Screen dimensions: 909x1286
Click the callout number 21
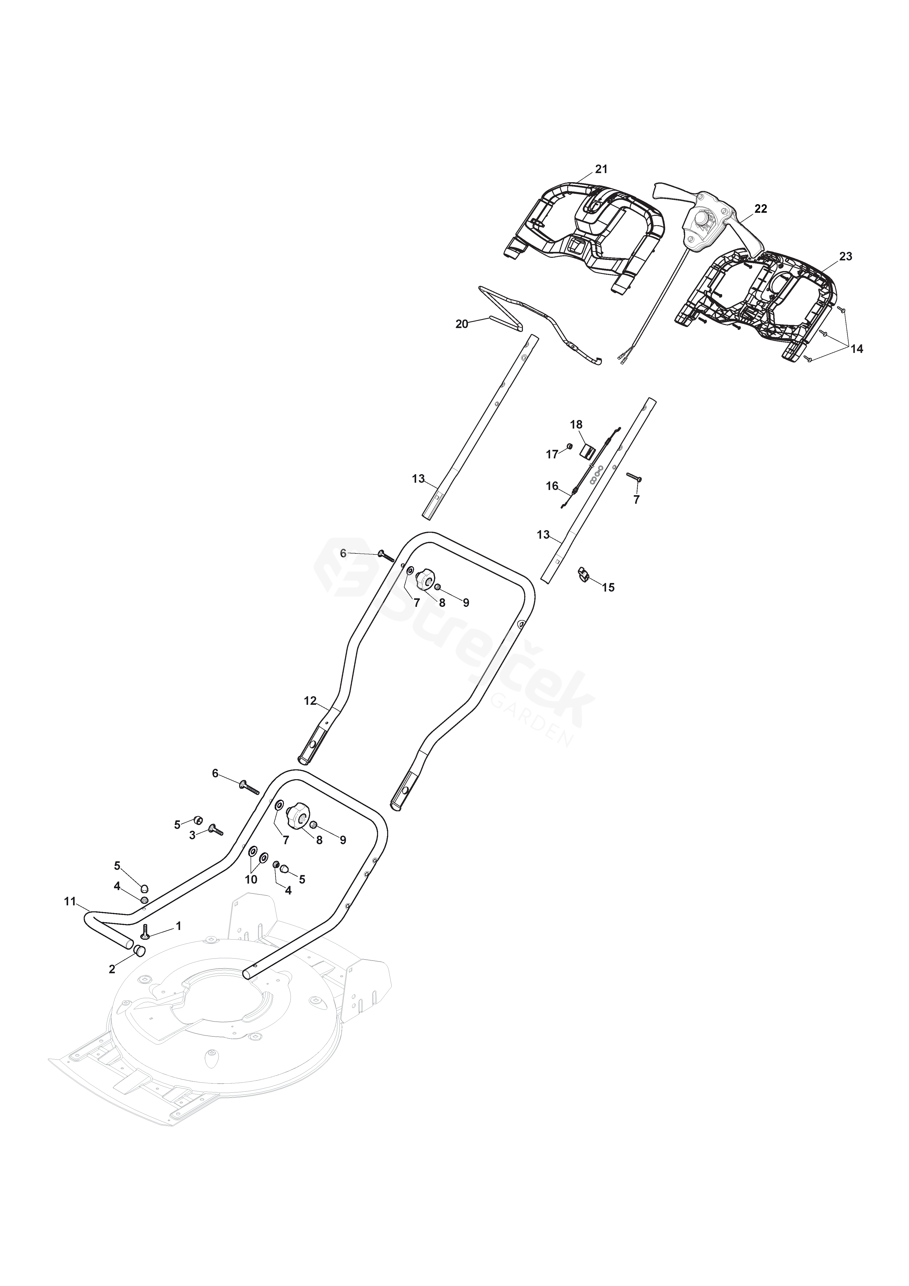coord(601,169)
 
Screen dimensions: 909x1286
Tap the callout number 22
coord(761,209)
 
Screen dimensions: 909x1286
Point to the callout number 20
coord(461,324)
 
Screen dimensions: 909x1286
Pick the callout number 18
coord(576,424)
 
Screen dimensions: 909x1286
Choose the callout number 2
coord(112,969)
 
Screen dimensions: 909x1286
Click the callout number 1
coord(179,926)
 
